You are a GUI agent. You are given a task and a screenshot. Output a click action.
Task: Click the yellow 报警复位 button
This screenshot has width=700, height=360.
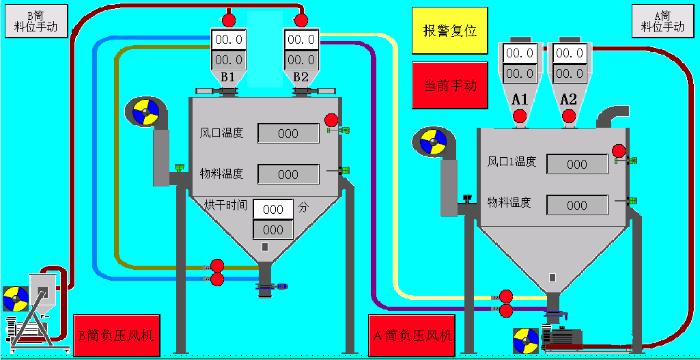click(449, 31)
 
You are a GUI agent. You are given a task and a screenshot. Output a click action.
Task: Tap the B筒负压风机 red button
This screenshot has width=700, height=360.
click(116, 335)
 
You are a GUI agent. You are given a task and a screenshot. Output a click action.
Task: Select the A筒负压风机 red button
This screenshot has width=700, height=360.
click(412, 335)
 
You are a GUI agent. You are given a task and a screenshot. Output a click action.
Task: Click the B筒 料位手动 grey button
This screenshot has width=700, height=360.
click(36, 21)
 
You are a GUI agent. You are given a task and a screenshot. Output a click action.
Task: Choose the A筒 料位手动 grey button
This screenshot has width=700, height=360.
click(662, 21)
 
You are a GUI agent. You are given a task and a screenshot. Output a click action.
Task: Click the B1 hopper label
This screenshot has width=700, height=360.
click(227, 76)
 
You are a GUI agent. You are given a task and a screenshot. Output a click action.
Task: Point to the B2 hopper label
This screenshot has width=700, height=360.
click(301, 76)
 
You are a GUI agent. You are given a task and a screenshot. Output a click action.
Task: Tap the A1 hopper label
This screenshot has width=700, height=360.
click(520, 100)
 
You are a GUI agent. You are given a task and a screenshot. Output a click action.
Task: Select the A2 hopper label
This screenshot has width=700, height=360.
click(568, 100)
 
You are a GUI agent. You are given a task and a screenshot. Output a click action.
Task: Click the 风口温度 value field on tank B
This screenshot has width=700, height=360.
click(288, 133)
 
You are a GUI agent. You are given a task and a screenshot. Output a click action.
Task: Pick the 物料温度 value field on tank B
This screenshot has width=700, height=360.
click(288, 174)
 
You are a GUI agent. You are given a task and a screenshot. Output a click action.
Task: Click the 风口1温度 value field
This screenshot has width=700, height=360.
click(577, 164)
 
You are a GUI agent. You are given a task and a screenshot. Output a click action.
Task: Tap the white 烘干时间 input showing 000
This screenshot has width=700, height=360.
click(273, 209)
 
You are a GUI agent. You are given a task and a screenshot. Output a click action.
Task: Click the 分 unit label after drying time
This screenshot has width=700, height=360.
click(304, 206)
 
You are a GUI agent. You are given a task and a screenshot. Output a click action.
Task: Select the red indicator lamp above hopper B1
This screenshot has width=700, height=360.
click(228, 19)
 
